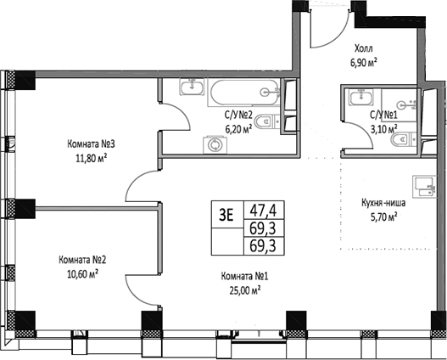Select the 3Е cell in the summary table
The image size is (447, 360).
(226, 214)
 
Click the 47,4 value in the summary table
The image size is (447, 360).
(263, 207)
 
